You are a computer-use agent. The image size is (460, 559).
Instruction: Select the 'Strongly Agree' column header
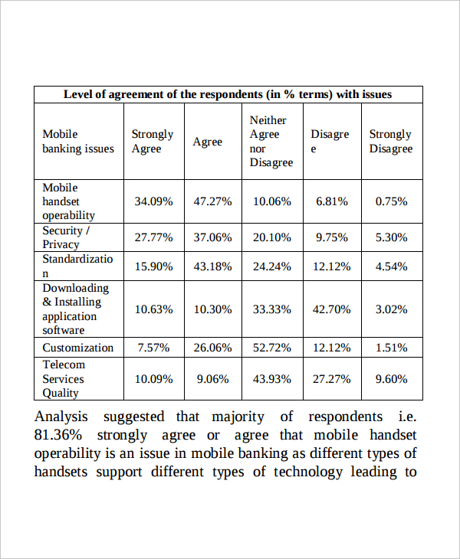click(153, 141)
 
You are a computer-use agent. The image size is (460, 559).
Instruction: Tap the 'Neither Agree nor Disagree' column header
click(271, 141)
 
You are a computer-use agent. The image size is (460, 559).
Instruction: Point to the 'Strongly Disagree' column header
click(391, 141)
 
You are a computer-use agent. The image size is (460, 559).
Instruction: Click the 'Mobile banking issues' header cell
click(78, 141)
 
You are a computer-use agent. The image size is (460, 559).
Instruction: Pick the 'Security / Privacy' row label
click(66, 237)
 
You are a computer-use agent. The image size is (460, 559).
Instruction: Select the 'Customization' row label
click(77, 348)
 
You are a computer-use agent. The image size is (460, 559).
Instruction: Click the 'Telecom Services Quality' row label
click(64, 378)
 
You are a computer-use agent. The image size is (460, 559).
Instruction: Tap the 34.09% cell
click(153, 201)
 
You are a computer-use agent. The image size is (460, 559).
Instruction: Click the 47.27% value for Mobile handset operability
click(212, 201)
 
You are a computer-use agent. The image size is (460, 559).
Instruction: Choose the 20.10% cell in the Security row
click(272, 237)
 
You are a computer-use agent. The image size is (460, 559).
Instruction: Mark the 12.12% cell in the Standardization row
click(332, 266)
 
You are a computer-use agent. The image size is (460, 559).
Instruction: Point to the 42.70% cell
click(332, 309)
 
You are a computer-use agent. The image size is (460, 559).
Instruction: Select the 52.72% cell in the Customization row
click(272, 348)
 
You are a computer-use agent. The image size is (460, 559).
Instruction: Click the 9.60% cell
click(392, 378)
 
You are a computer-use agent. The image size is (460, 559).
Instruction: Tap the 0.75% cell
click(392, 201)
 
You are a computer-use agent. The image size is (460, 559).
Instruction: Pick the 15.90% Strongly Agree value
click(153, 266)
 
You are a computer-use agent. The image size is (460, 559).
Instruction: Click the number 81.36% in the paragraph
click(58, 435)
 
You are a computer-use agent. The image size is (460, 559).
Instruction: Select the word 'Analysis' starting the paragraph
click(61, 417)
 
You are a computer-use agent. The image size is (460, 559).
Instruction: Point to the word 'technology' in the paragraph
click(308, 472)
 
